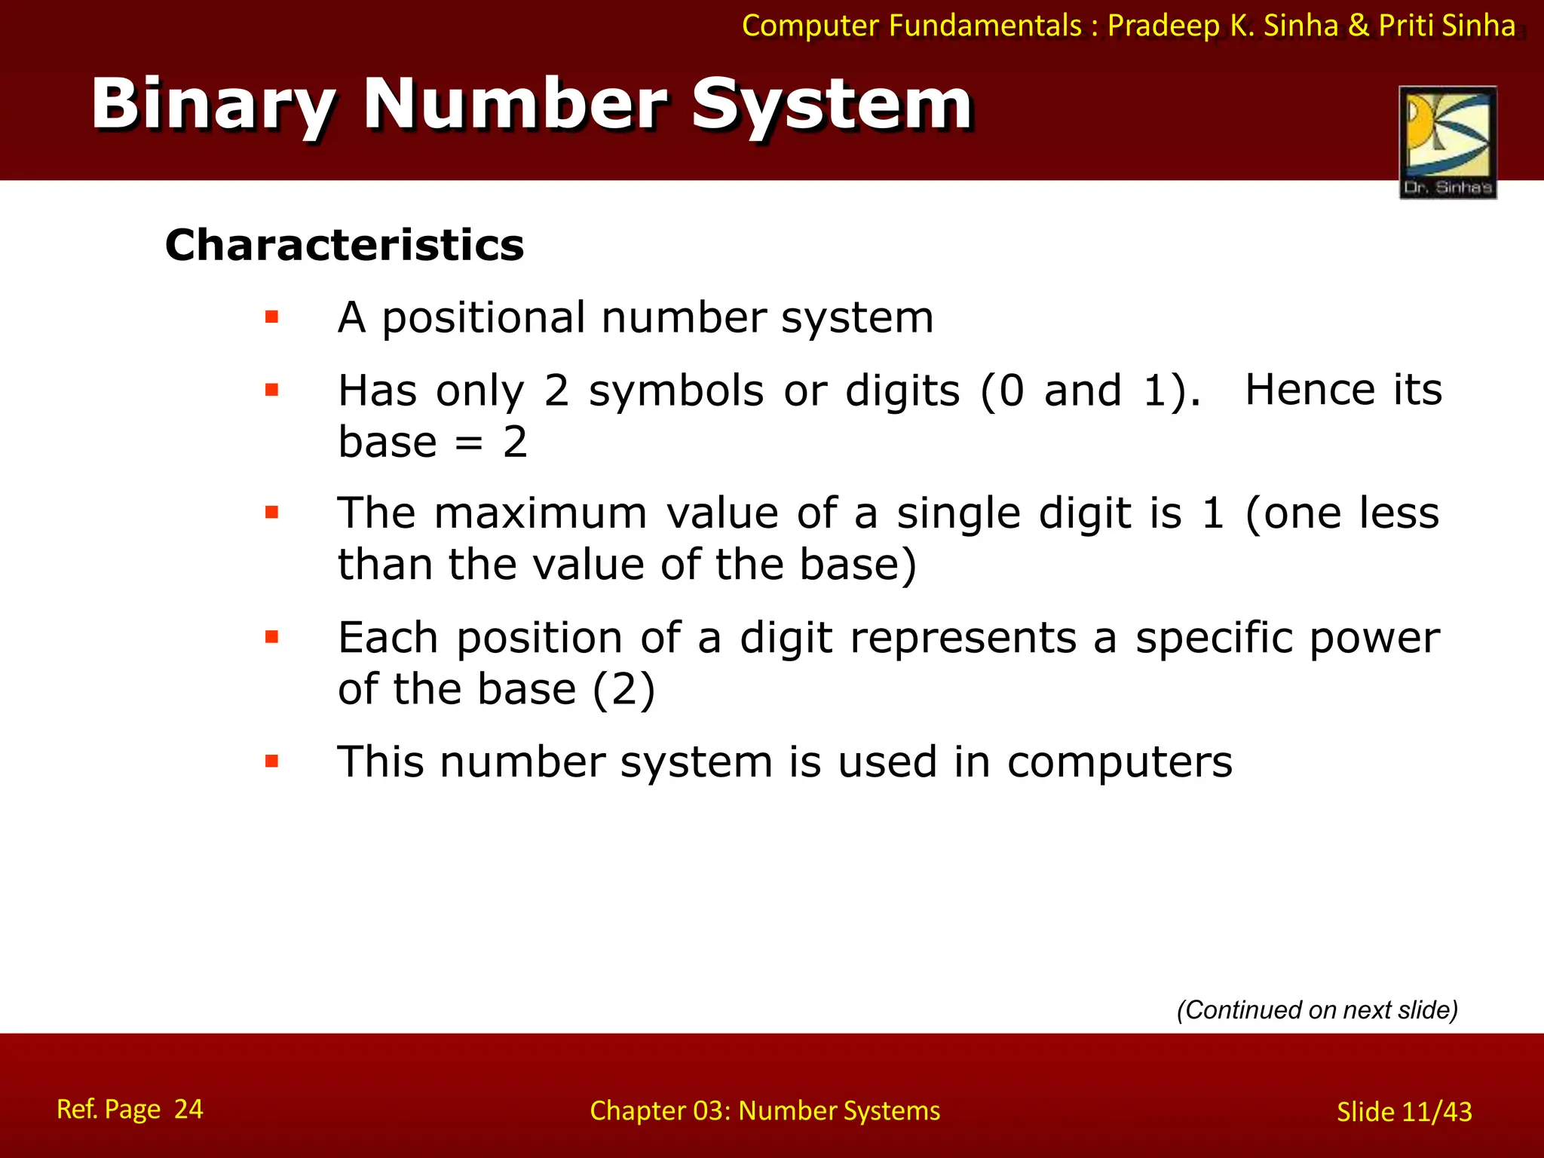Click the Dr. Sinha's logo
(x=1447, y=142)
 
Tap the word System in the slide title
(x=832, y=106)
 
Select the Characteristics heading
(x=345, y=245)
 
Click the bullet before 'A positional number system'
(x=272, y=317)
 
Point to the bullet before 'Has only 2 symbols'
(x=272, y=391)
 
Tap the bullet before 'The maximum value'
(x=272, y=513)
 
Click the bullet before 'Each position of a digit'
(x=272, y=638)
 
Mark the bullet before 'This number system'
(x=272, y=761)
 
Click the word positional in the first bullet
(x=483, y=317)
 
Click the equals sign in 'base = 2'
(x=469, y=443)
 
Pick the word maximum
(x=541, y=513)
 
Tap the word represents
(x=963, y=638)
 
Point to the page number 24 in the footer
(x=188, y=1109)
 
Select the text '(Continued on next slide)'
(x=1317, y=1010)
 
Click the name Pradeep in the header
(x=1163, y=26)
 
